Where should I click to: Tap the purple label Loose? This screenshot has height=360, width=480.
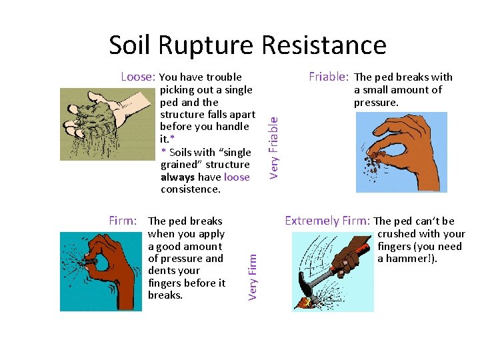[138, 77]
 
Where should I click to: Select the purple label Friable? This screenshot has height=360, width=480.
[329, 77]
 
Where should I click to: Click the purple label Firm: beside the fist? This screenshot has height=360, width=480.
[123, 221]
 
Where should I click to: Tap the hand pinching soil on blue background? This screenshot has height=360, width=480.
[401, 151]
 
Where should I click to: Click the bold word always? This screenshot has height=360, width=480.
[177, 177]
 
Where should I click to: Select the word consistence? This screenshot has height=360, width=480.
[190, 189]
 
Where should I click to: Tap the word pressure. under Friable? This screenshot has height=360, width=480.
[376, 103]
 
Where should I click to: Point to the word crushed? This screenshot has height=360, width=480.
[397, 234]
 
